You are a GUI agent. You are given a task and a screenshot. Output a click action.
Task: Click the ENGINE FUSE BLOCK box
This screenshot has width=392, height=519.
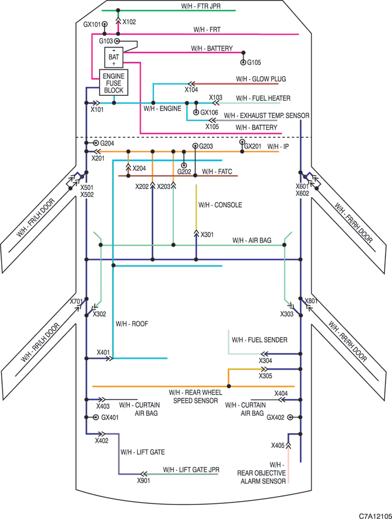pos(114,83)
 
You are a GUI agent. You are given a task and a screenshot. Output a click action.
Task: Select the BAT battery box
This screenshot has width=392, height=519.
pos(114,58)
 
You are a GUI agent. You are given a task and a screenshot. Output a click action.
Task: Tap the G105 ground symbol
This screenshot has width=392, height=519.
pos(244,63)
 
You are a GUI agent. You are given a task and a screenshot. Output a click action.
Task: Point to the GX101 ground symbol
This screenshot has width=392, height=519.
pos(105,24)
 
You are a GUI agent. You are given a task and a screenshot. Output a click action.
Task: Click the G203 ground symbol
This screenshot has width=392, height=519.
pos(195,146)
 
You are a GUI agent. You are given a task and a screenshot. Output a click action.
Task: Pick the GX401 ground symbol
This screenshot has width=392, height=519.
pos(96,418)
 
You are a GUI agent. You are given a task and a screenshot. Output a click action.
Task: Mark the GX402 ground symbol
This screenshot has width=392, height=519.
pos(290,418)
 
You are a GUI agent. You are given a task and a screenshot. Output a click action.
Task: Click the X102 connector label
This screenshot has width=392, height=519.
pos(129,22)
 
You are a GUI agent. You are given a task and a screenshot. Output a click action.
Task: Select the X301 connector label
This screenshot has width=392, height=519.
pos(207,235)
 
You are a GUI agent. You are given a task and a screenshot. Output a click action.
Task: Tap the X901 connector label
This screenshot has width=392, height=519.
pos(143,480)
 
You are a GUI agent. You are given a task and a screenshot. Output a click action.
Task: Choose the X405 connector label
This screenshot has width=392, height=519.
pos(278,446)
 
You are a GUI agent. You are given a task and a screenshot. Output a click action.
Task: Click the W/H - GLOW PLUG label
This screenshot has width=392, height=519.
pos(261,79)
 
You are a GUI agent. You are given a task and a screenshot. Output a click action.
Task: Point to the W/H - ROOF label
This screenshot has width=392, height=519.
pos(132,324)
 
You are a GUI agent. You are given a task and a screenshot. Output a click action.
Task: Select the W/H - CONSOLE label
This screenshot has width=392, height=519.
pos(220,205)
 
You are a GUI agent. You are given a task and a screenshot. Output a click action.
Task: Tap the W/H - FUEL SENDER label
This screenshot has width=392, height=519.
pos(260,340)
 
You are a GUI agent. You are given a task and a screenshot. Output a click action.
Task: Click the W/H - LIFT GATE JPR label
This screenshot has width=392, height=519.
pos(191,470)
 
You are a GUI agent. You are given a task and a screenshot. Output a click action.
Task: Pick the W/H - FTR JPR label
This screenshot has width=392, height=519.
pos(200,6)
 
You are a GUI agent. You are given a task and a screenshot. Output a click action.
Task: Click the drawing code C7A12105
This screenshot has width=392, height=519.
pos(375,516)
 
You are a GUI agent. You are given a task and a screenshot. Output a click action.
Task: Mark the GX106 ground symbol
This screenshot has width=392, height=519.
pos(196,113)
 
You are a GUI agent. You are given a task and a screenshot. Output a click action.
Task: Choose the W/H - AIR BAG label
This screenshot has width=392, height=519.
pos(251,240)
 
